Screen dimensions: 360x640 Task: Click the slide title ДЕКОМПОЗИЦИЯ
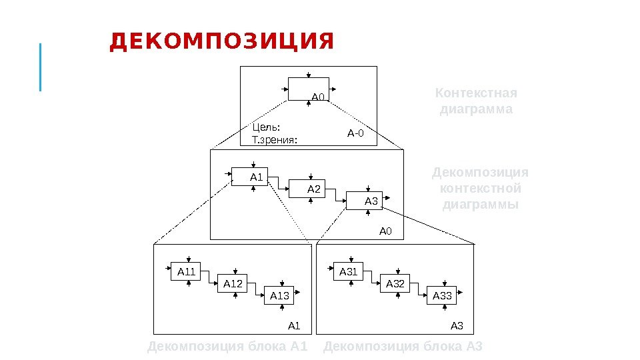(221, 42)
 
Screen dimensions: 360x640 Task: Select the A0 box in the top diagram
(309, 89)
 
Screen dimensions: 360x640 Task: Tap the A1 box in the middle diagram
(249, 177)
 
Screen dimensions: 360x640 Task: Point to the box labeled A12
(233, 284)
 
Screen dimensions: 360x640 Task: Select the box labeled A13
(280, 295)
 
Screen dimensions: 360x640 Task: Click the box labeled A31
(349, 271)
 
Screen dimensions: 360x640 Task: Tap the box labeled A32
(395, 284)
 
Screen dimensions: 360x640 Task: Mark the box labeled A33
(442, 295)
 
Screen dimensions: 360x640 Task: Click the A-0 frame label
(355, 133)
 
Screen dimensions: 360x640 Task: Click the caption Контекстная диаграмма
(475, 101)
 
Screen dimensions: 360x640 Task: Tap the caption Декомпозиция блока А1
(227, 347)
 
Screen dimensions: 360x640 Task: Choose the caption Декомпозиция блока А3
(402, 347)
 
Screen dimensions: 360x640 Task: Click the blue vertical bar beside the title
(41, 67)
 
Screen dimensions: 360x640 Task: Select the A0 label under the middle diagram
(387, 231)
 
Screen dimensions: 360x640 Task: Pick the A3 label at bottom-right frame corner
(457, 326)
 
